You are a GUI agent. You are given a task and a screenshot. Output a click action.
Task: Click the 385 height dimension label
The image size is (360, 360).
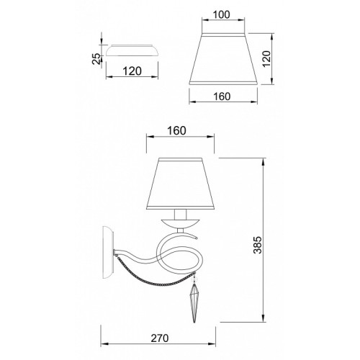click(258, 245)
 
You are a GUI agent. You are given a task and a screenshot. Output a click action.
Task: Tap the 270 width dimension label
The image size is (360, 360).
click(160, 338)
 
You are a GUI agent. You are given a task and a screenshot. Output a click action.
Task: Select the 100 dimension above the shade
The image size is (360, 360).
click(221, 14)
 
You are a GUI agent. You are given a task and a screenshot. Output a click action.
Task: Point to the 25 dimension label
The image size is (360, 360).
click(96, 59)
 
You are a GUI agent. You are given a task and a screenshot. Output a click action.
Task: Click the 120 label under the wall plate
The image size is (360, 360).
click(132, 71)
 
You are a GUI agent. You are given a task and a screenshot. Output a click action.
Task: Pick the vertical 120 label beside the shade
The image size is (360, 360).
click(266, 59)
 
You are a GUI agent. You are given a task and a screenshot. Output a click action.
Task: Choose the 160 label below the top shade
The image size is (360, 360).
click(222, 96)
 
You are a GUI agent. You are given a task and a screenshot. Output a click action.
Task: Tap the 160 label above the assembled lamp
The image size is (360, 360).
click(176, 131)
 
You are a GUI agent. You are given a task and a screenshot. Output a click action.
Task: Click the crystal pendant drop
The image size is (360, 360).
click(194, 303)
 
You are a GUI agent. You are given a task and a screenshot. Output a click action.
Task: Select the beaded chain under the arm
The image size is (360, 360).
click(153, 279)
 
